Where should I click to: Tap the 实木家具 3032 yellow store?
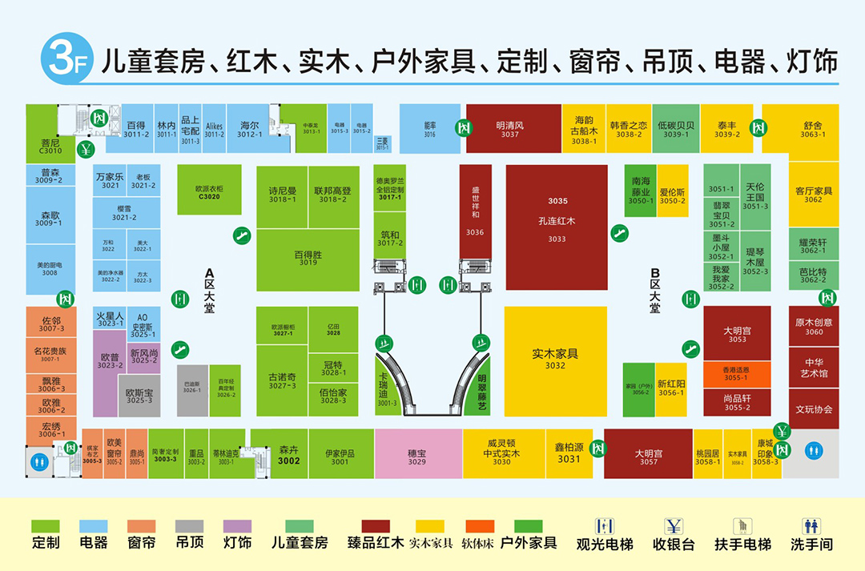click(x=555, y=360)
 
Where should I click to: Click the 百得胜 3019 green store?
click(x=308, y=259)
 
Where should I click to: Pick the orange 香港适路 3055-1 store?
click(x=736, y=373)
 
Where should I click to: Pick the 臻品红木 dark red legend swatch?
click(x=369, y=526)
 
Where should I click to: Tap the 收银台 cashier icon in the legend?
click(x=674, y=526)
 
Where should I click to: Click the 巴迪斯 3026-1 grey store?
click(x=192, y=390)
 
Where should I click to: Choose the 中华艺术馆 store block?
click(x=814, y=368)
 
